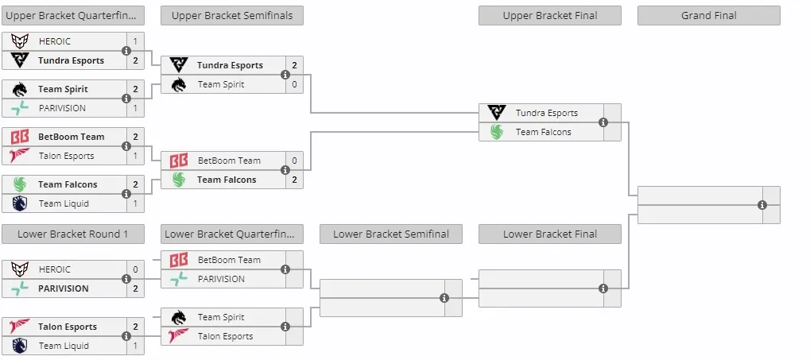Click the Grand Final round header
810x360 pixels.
click(x=709, y=15)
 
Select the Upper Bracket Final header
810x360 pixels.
click(x=549, y=15)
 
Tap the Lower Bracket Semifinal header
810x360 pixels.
click(x=390, y=234)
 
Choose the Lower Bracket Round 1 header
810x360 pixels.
click(x=73, y=234)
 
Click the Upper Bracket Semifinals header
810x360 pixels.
click(x=232, y=15)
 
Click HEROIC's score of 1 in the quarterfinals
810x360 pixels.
click(x=135, y=41)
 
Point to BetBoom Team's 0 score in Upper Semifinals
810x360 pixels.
click(x=294, y=161)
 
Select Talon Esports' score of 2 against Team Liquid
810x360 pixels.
click(x=135, y=327)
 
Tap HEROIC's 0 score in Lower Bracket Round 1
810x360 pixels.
click(x=135, y=269)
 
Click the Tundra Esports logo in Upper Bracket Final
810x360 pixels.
click(x=497, y=113)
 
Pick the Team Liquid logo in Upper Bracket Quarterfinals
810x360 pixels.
click(x=20, y=203)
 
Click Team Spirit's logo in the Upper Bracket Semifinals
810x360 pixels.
click(x=178, y=84)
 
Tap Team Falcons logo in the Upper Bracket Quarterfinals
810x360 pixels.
click(x=20, y=184)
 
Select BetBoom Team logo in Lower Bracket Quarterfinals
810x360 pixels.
click(x=178, y=261)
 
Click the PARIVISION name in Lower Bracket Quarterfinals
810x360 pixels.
click(x=221, y=280)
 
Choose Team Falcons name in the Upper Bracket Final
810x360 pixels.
click(x=544, y=132)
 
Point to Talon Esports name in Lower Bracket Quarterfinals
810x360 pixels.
click(x=225, y=337)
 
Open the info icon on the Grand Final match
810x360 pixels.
click(x=762, y=205)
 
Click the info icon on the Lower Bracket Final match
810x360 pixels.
click(x=603, y=288)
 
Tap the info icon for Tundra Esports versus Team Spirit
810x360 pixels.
click(x=285, y=75)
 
